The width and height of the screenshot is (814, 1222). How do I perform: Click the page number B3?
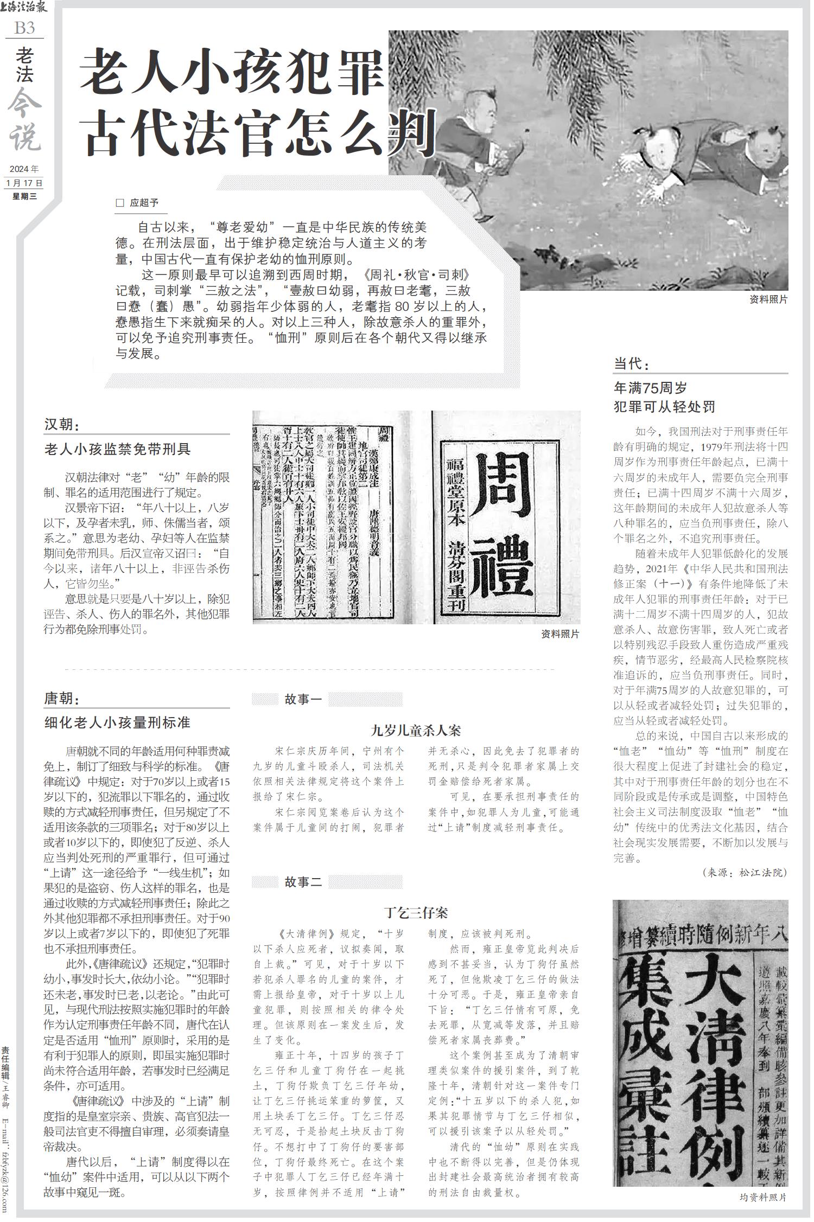coord(24,28)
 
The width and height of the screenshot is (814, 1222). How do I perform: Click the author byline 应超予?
coord(144,203)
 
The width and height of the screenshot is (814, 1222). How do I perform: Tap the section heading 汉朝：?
coord(62,425)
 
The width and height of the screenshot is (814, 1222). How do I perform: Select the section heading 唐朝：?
coord(62,698)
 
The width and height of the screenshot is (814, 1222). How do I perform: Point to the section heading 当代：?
coord(632,363)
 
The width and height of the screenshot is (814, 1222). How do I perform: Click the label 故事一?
coord(303,699)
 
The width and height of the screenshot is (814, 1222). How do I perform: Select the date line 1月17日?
coord(24,183)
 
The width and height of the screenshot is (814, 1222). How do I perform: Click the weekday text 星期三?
coord(24,196)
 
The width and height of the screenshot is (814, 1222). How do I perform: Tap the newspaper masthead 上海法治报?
coord(24,8)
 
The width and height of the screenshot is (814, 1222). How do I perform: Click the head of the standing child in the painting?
coord(481,104)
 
